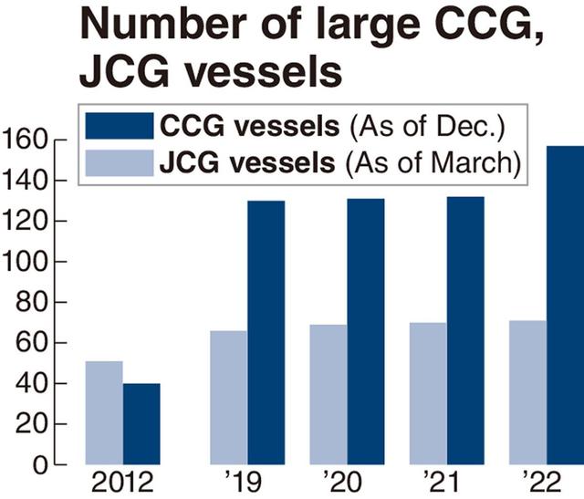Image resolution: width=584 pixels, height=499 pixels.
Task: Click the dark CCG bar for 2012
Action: (x=141, y=424)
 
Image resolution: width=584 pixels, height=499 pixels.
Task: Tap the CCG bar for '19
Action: (x=266, y=333)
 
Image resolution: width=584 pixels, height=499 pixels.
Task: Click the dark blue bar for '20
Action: (x=366, y=332)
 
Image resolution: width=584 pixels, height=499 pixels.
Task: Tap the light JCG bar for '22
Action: (x=527, y=393)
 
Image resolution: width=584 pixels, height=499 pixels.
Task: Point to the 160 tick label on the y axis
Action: (x=25, y=140)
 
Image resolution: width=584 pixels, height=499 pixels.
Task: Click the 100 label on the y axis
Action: (x=25, y=263)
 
